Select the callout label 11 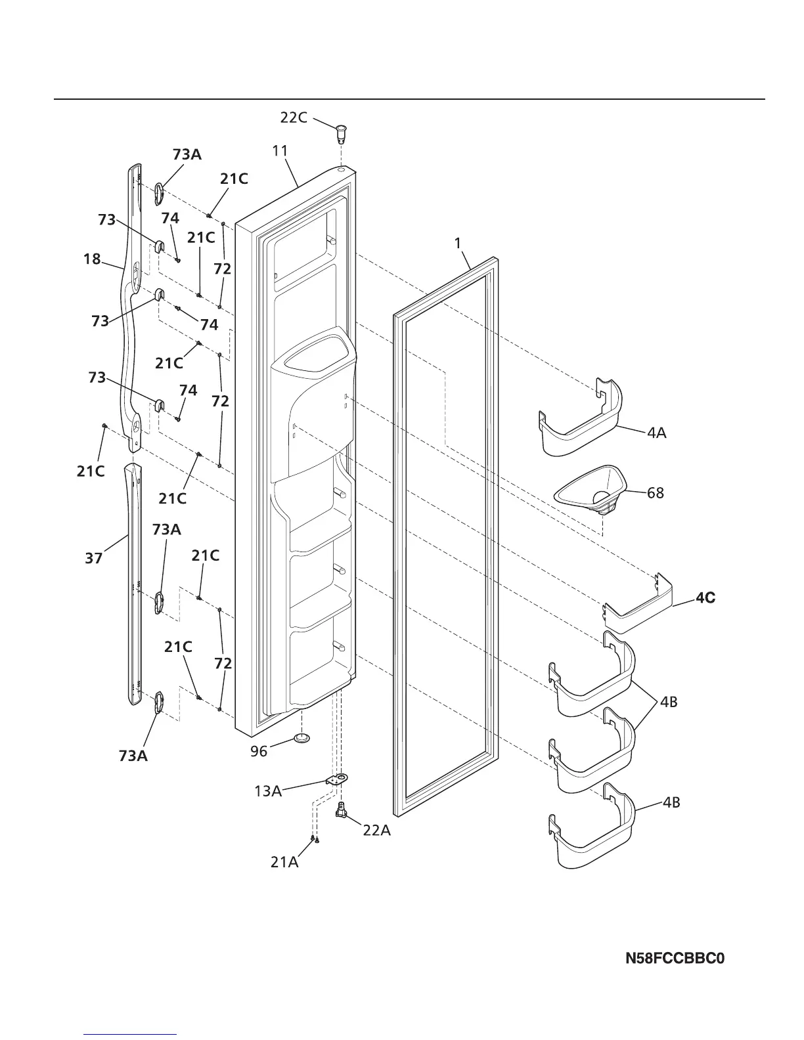point(280,150)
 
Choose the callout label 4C point(705,598)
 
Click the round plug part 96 point(301,739)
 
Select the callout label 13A point(268,791)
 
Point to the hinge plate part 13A point(337,779)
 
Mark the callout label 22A point(376,831)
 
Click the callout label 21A point(284,862)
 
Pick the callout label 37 point(94,558)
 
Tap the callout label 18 point(92,259)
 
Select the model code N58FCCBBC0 point(675,959)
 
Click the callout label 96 point(259,751)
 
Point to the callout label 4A point(657,433)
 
